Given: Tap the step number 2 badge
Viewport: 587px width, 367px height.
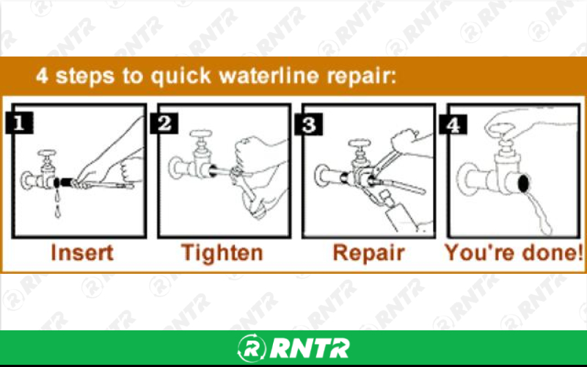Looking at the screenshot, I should [x=166, y=123].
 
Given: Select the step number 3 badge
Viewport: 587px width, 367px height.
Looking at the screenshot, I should [x=310, y=123].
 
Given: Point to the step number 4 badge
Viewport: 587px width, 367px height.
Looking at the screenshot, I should [x=453, y=123].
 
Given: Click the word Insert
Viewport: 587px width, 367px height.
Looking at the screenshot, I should [x=81, y=253].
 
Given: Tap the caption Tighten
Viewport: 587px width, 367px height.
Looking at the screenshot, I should [x=222, y=253].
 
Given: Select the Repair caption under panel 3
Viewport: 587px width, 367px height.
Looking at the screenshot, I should [x=368, y=253].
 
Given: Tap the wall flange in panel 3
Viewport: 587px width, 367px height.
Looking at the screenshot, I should [x=321, y=177].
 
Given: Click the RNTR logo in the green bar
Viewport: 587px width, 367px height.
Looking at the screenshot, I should [x=293, y=347].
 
